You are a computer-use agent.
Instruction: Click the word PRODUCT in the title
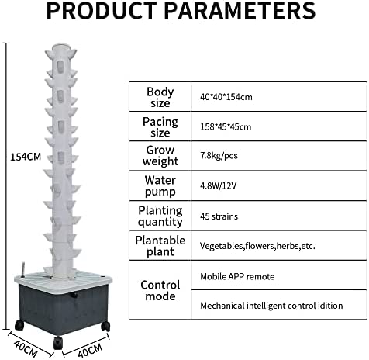click(102, 10)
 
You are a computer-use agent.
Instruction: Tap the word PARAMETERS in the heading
click(240, 10)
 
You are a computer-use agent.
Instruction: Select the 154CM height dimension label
click(26, 157)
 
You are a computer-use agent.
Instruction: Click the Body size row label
click(160, 97)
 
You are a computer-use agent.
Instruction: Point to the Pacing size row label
click(160, 127)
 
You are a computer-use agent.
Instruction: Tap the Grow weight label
click(160, 156)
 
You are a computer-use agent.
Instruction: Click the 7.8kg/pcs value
click(219, 156)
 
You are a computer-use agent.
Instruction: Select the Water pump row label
click(160, 186)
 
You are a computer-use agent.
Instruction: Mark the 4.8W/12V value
click(218, 186)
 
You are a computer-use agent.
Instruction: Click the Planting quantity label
click(160, 216)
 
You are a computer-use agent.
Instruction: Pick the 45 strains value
click(219, 216)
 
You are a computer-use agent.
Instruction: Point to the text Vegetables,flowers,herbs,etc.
click(257, 246)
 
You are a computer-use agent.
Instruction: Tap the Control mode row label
click(160, 290)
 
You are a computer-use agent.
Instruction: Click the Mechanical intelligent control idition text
click(271, 306)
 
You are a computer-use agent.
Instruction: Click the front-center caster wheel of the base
click(57, 343)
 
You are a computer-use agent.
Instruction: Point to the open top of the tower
click(61, 47)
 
